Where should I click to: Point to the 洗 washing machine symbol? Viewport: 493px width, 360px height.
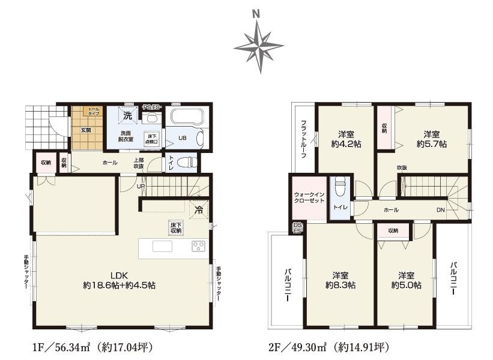[x=128, y=114]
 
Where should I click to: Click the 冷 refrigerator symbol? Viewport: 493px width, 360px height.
[x=199, y=210]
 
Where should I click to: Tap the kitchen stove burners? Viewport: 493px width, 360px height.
[x=198, y=246]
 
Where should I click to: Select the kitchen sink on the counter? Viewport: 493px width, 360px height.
[x=162, y=246]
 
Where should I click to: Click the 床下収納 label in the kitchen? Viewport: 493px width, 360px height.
[x=175, y=227]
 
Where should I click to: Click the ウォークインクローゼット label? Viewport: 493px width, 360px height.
[x=309, y=198]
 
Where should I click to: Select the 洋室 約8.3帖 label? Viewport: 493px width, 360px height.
[x=340, y=280]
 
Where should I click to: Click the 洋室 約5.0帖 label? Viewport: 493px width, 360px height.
[x=406, y=280]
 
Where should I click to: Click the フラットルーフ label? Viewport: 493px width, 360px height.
[x=304, y=139]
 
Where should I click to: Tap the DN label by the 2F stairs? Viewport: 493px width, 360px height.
[x=440, y=209]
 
